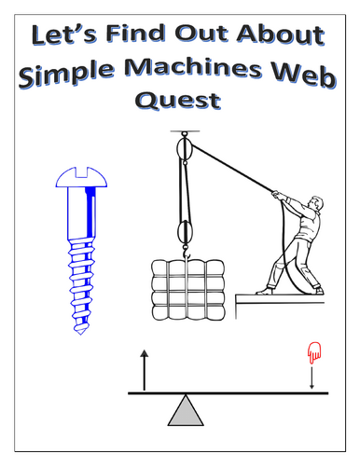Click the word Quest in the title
pos(178,101)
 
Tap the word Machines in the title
pos(193,69)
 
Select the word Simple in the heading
pos(66,75)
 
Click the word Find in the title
pos(135,33)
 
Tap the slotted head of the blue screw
pos(81,177)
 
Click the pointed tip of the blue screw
pos(80,332)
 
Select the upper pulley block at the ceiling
pos(185,148)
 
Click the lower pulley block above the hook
pos(185,232)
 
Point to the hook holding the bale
pos(186,252)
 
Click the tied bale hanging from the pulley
pos(188,290)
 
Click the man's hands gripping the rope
pos(277,195)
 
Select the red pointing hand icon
pos(314,352)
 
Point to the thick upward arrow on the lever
pos(144,370)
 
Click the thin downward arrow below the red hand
pos(312,377)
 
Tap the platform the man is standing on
pos(280,299)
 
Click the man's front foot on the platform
pos(265,292)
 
